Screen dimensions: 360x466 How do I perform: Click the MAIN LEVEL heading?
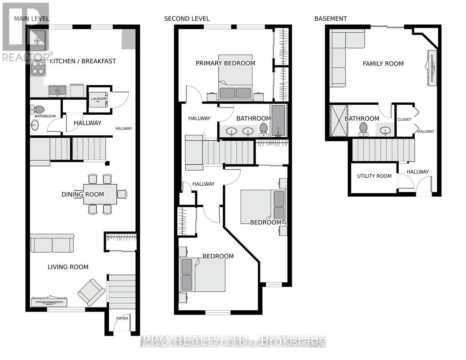[x=32, y=19]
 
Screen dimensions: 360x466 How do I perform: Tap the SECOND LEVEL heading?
[x=187, y=19]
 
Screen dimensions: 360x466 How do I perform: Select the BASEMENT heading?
[x=330, y=19]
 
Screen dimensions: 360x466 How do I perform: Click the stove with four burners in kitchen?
[x=38, y=68]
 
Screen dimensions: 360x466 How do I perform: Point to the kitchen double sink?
[x=57, y=91]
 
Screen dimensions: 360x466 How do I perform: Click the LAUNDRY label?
[x=99, y=99]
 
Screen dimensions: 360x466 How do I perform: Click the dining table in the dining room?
[x=100, y=194]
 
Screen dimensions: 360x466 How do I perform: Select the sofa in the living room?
[x=52, y=243]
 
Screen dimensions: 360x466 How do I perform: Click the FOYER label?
[x=122, y=318]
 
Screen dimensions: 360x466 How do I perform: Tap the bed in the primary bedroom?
[x=235, y=77]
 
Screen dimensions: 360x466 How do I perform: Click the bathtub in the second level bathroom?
[x=278, y=120]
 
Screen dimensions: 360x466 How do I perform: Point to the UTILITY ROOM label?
[x=374, y=176]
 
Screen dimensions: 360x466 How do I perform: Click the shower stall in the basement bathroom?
[x=338, y=120]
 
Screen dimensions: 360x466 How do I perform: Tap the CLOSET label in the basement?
[x=404, y=119]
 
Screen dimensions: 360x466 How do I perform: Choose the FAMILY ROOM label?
[x=383, y=64]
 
